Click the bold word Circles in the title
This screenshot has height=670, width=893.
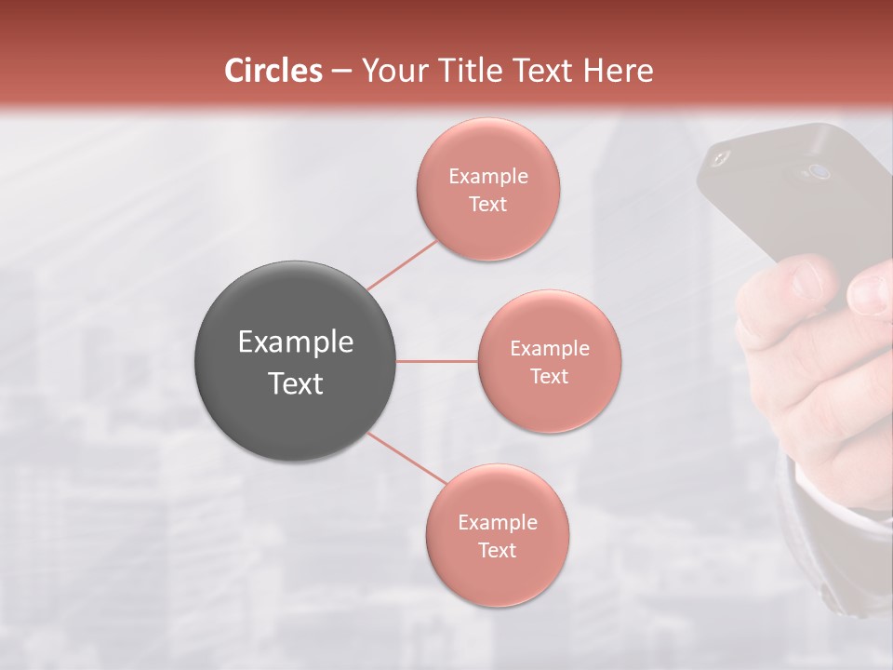[273, 71]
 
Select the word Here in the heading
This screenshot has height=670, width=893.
[618, 71]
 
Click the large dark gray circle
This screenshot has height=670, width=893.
[295, 361]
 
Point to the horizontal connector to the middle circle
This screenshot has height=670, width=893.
[436, 361]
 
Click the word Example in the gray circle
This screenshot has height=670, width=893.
[295, 342]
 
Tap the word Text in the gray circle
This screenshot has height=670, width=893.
[295, 383]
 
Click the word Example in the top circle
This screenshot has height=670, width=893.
[487, 177]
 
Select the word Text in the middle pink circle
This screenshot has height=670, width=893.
[549, 377]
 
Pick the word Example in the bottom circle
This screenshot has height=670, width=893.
[497, 523]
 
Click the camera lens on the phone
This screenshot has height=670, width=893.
[818, 171]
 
